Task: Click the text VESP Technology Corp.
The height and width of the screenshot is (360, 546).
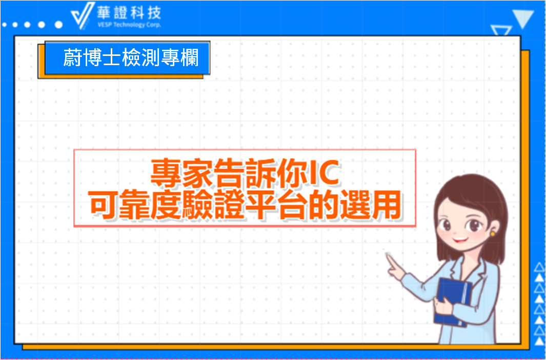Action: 129,25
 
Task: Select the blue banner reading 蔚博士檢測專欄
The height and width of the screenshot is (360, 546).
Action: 128,58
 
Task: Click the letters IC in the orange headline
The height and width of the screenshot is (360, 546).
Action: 324,176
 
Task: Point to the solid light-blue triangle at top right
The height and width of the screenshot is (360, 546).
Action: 523,19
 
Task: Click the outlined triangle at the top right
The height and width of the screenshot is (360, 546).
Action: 501,30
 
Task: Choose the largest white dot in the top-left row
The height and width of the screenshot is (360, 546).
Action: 59,25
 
